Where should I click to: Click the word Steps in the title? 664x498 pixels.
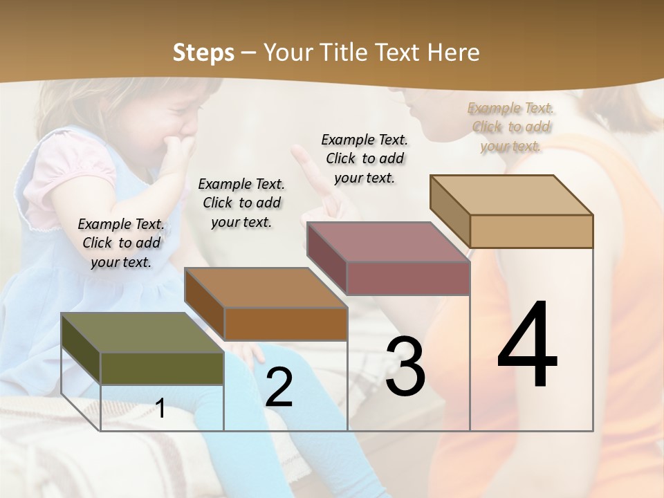tap(203, 52)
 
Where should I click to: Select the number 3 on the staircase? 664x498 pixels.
tap(405, 367)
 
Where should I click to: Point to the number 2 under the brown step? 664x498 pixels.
tap(279, 387)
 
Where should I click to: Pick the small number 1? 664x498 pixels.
tap(160, 408)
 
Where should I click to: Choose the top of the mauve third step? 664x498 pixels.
tap(387, 242)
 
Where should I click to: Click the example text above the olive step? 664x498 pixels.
tap(121, 243)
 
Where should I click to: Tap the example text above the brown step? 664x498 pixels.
tap(241, 203)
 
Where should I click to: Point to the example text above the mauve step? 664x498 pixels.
tap(365, 158)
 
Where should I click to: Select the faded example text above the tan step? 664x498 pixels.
tap(510, 127)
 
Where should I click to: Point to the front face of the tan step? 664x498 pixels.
tap(531, 231)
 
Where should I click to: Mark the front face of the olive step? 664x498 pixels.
tap(162, 368)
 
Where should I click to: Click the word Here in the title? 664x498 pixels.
tap(453, 52)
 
